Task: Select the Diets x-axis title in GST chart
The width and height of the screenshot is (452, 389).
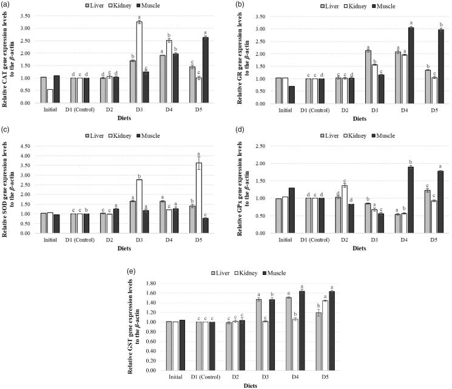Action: (273, 385)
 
